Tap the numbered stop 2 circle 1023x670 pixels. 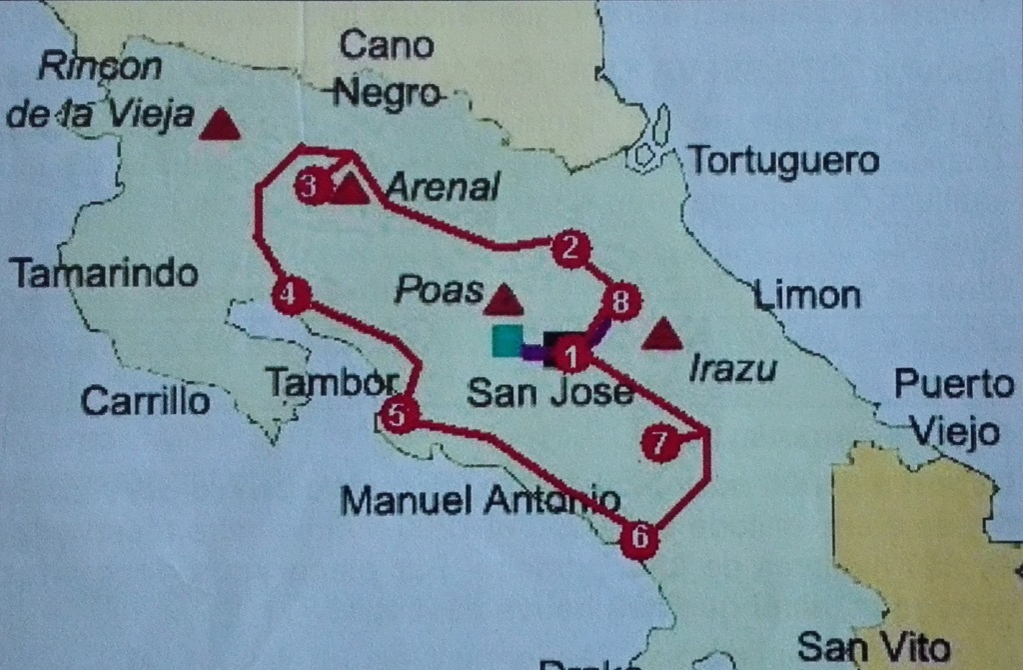pyautogui.click(x=569, y=248)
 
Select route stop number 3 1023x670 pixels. pyautogui.click(x=312, y=186)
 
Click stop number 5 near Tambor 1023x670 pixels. pyautogui.click(x=399, y=415)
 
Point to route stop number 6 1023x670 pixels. pyautogui.click(x=639, y=540)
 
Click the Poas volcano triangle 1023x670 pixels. pyautogui.click(x=503, y=298)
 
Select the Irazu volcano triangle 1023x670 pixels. pyautogui.click(x=661, y=335)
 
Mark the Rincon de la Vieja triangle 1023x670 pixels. pyautogui.click(x=220, y=125)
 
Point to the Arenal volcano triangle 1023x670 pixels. pyautogui.click(x=349, y=188)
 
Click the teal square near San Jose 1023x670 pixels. pyautogui.click(x=507, y=341)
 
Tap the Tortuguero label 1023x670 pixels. pyautogui.click(x=784, y=161)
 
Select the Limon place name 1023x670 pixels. pyautogui.click(x=806, y=295)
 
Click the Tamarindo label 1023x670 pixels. pyautogui.click(x=103, y=273)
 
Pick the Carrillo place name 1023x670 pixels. pyautogui.click(x=146, y=401)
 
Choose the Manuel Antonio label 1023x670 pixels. pyautogui.click(x=480, y=500)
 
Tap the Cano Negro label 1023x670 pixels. pyautogui.click(x=387, y=69)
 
